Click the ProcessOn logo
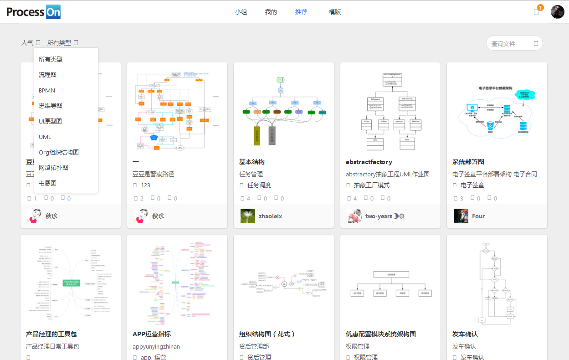33,12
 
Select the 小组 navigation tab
241,12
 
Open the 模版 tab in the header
335,12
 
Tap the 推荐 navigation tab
301,12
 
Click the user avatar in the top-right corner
557,12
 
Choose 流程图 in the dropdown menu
48,75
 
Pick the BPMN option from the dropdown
47,90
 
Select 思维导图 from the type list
51,106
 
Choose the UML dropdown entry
45,137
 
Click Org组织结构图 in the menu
59,152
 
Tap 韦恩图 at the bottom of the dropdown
48,183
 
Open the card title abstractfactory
369,162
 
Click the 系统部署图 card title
468,162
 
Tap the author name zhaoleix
270,216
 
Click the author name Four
478,216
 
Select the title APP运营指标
152,334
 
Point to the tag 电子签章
472,185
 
